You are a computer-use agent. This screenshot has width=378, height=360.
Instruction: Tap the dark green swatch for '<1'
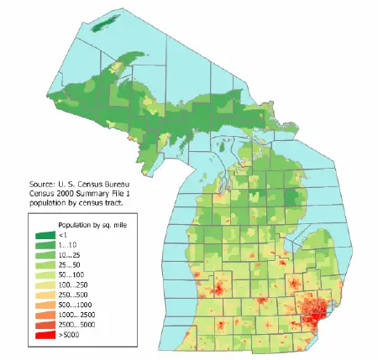[x=44, y=237]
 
